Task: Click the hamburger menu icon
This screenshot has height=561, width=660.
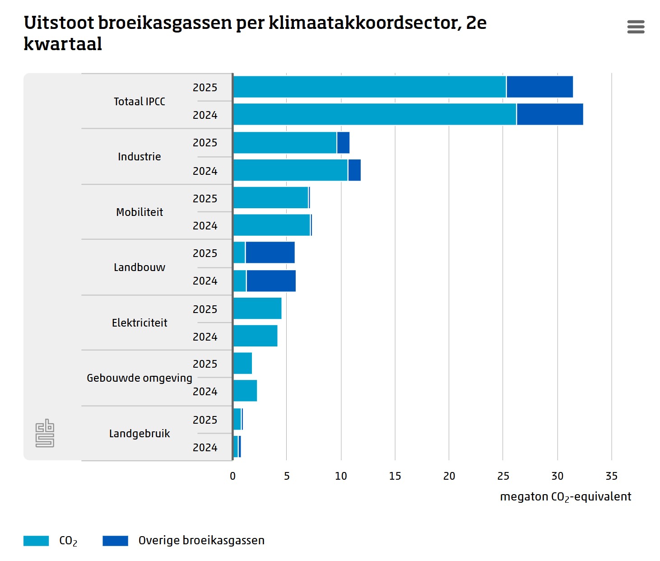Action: pyautogui.click(x=636, y=27)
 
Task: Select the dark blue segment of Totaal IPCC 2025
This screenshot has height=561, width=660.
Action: pyautogui.click(x=539, y=87)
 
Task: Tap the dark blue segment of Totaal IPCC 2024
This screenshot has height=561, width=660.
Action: pyautogui.click(x=550, y=114)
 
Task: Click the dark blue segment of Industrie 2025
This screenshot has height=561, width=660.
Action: pyautogui.click(x=343, y=143)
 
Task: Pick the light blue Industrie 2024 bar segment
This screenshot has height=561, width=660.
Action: pyautogui.click(x=290, y=170)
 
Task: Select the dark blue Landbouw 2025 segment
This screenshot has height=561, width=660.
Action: pyautogui.click(x=270, y=252)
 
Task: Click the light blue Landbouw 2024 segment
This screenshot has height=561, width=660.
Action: pyautogui.click(x=240, y=281)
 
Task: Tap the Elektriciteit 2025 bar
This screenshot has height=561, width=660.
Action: pyautogui.click(x=257, y=309)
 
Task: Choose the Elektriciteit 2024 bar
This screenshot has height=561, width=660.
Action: pyautogui.click(x=256, y=336)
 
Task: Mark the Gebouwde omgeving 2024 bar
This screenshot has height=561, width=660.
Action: pyautogui.click(x=245, y=391)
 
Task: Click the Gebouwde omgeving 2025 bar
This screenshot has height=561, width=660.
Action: pyautogui.click(x=243, y=364)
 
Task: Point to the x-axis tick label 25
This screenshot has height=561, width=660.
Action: pyautogui.click(x=503, y=476)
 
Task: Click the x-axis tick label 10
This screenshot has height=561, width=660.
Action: pyautogui.click(x=341, y=476)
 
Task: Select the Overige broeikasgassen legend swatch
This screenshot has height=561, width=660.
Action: pyautogui.click(x=115, y=541)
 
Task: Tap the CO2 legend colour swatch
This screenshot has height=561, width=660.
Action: pyautogui.click(x=36, y=541)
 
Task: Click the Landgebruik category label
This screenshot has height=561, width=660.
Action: pyautogui.click(x=139, y=434)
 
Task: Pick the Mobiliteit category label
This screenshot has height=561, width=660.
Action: pyautogui.click(x=139, y=212)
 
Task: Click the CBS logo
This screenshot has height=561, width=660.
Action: pyautogui.click(x=45, y=433)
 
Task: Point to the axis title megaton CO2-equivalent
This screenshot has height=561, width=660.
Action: pyautogui.click(x=565, y=497)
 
